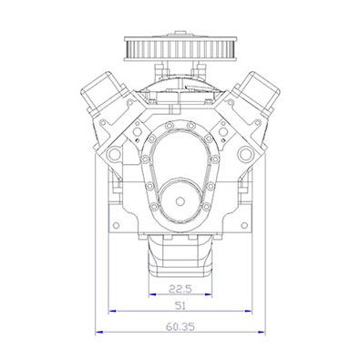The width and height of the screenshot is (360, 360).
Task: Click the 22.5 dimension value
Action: (x=180, y=288)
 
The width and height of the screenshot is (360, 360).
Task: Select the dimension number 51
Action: (x=180, y=305)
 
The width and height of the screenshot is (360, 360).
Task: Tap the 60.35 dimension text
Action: (x=180, y=327)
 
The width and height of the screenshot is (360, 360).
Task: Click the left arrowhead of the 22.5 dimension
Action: (x=152, y=294)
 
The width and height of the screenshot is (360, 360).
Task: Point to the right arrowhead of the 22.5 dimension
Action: (x=208, y=294)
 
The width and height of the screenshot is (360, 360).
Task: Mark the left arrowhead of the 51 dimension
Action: (x=113, y=311)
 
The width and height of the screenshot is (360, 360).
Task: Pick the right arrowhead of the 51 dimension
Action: (x=248, y=311)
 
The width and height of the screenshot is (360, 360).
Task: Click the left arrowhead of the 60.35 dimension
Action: (x=99, y=332)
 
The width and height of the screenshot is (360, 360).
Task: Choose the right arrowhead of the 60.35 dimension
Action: (x=262, y=332)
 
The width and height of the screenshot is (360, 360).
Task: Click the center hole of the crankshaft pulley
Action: (x=180, y=201)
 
